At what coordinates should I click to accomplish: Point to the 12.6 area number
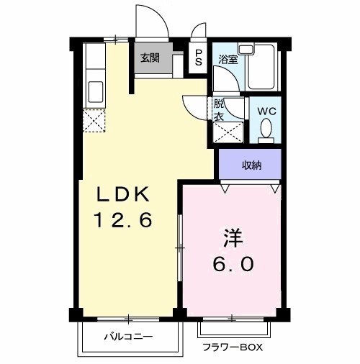coord(123,220)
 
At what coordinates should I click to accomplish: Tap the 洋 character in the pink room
coord(232,237)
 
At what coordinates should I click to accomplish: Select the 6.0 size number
coord(232,264)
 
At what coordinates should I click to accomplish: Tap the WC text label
coord(266,112)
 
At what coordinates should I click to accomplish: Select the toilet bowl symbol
coord(266,130)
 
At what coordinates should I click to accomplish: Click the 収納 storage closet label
coord(251,165)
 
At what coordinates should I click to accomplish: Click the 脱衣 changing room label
coord(218,110)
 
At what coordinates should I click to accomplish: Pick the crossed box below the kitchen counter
coord(94,119)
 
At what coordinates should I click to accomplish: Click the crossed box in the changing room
coord(230,132)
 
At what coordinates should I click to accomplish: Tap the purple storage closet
coord(251,165)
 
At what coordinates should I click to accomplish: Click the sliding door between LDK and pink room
coord(179,248)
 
